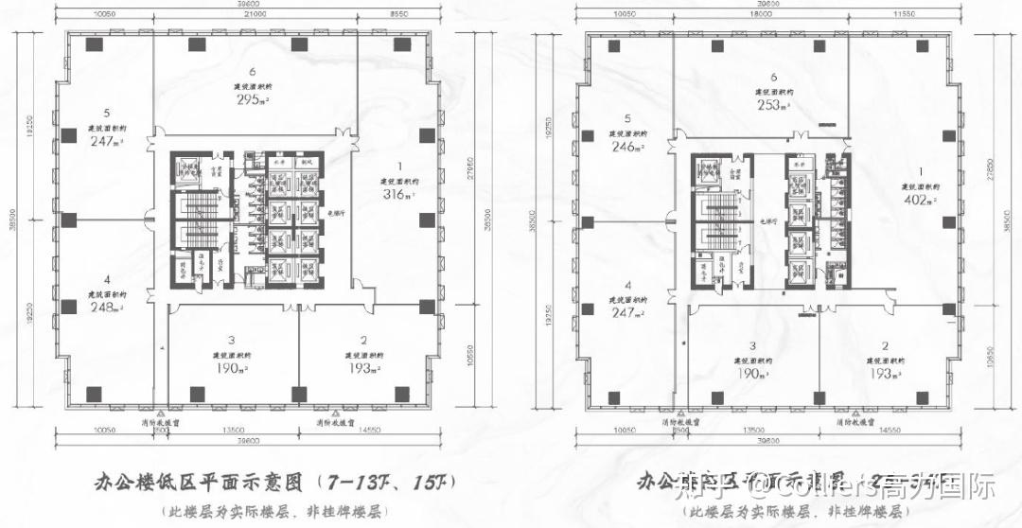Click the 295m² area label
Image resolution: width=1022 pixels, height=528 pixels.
[x=251, y=100]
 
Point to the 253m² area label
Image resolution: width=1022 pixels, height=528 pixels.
[x=772, y=106]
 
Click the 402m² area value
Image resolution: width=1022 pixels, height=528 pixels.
[x=917, y=201]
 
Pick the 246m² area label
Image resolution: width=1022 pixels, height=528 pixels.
[x=626, y=147]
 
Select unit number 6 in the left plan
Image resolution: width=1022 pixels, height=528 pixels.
[x=253, y=72]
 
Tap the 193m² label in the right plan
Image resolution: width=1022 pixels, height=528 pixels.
[x=885, y=375]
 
